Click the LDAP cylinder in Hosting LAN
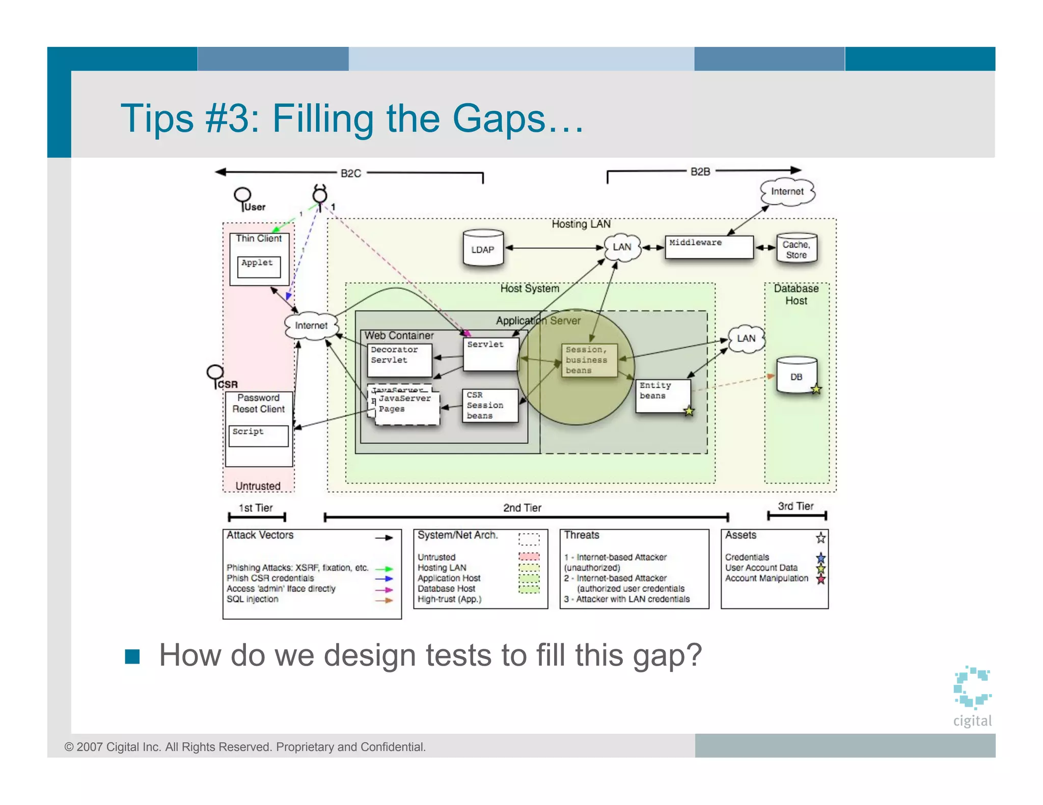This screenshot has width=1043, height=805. pyautogui.click(x=483, y=248)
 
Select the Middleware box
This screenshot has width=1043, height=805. pyautogui.click(x=708, y=247)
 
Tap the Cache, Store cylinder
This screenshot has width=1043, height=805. pyautogui.click(x=796, y=249)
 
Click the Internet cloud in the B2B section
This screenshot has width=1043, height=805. pyautogui.click(x=787, y=192)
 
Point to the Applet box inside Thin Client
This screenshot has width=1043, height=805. pyautogui.click(x=259, y=267)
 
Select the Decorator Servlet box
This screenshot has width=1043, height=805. pyautogui.click(x=400, y=359)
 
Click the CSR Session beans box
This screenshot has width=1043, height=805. pyautogui.click(x=490, y=406)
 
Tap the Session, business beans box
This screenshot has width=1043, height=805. pyautogui.click(x=589, y=360)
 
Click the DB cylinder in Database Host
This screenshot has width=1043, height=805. pyautogui.click(x=796, y=376)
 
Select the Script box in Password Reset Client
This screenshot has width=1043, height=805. pyautogui.click(x=258, y=436)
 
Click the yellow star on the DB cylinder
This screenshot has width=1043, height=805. pyautogui.click(x=816, y=389)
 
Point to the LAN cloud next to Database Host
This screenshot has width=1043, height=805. pyautogui.click(x=746, y=338)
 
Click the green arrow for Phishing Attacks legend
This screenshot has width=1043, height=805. pyautogui.click(x=384, y=569)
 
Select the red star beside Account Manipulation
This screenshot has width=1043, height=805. pyautogui.click(x=820, y=579)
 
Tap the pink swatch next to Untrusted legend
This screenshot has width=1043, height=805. pyautogui.click(x=529, y=557)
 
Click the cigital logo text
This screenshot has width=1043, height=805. pyautogui.click(x=972, y=721)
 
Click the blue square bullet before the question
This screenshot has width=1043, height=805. pyautogui.click(x=132, y=656)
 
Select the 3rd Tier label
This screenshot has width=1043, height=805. pyautogui.click(x=795, y=506)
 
